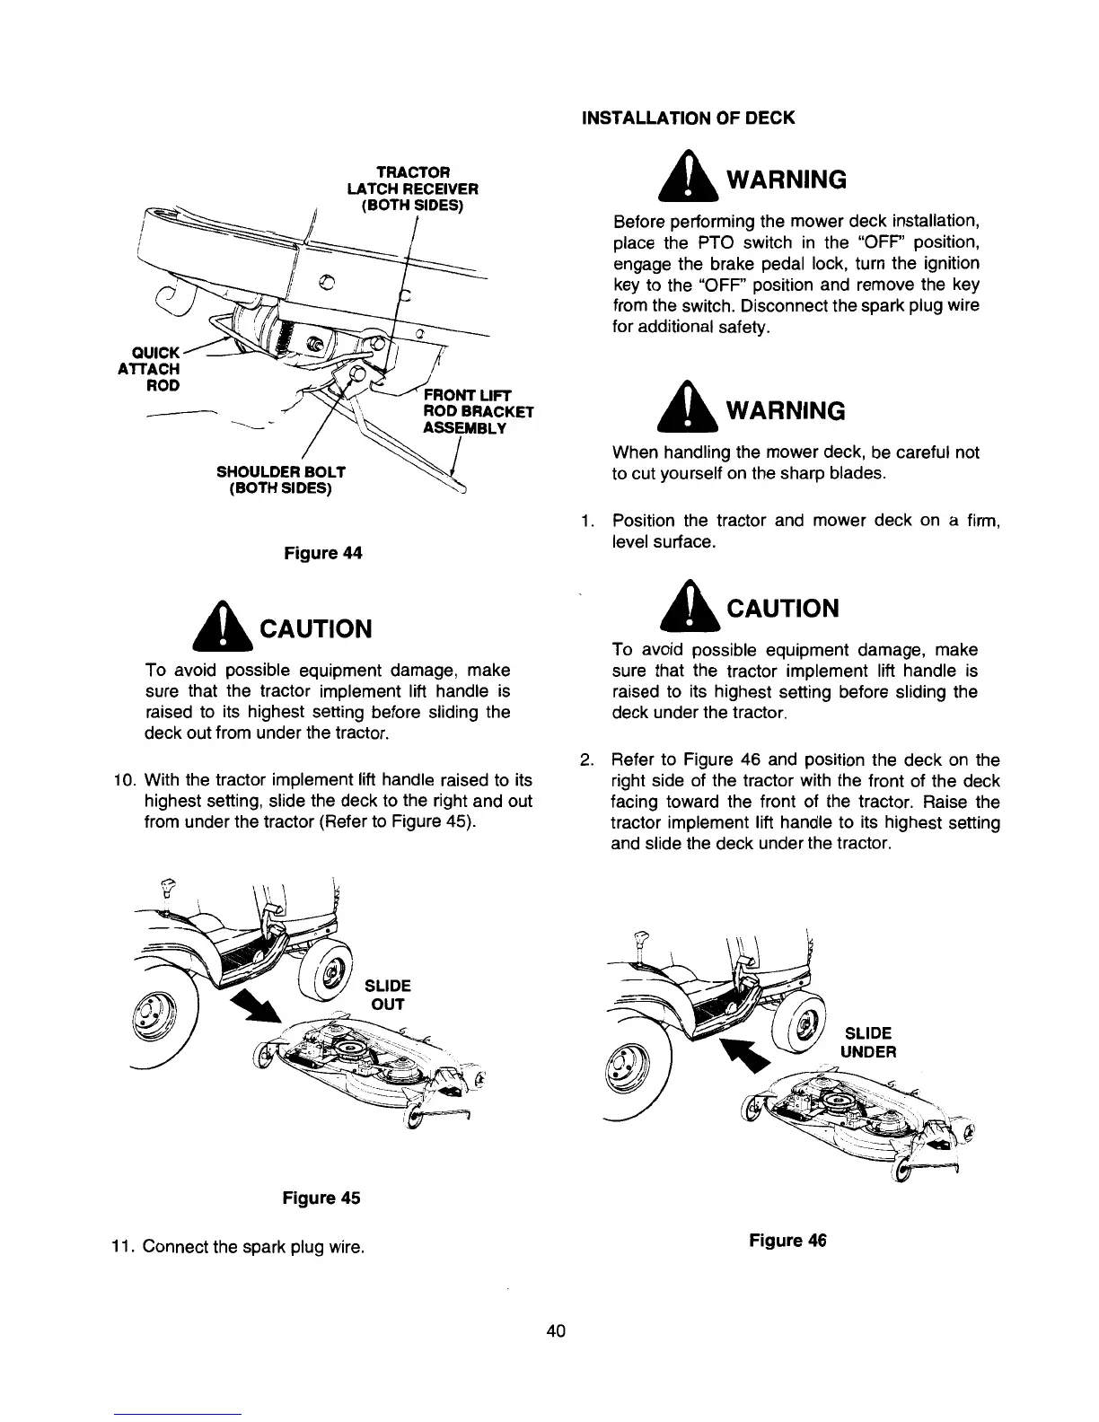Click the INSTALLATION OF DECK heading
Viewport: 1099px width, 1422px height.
click(x=689, y=118)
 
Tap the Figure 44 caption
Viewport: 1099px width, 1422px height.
click(x=322, y=554)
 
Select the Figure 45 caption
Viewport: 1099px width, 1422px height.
click(x=321, y=1198)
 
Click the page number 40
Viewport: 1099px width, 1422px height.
click(x=555, y=1331)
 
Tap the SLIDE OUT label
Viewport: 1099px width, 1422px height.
click(x=387, y=995)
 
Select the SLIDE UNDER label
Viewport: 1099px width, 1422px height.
click(x=867, y=1042)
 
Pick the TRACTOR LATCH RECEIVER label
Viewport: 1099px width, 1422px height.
click(x=412, y=189)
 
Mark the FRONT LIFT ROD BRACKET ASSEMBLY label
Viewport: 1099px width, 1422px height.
click(x=478, y=412)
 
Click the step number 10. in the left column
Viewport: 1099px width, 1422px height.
click(x=123, y=779)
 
